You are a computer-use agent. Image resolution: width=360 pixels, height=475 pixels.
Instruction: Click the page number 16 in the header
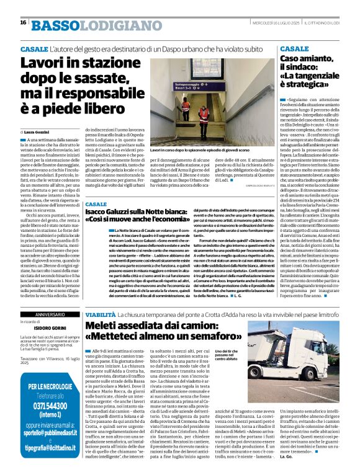click(x=23, y=22)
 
